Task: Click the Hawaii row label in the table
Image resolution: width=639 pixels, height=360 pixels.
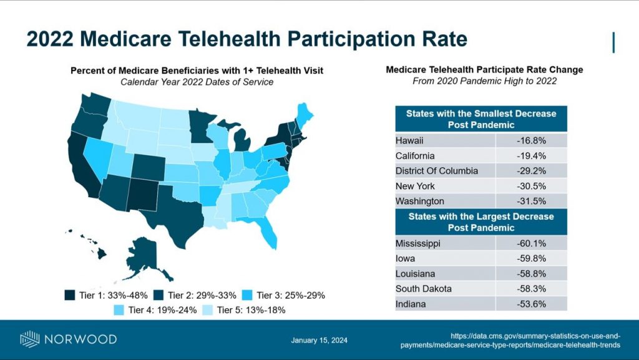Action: pos(409,140)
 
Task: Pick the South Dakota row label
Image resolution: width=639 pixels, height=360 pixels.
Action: pos(424,289)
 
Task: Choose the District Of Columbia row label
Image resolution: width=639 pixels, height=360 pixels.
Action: pos(437,170)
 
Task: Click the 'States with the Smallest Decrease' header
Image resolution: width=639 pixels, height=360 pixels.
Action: pos(480,119)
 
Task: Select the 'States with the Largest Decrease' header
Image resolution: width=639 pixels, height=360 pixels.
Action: pos(480,222)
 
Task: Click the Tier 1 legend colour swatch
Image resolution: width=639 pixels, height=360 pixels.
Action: pos(69,295)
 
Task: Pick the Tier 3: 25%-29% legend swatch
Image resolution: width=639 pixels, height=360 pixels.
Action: pos(246,295)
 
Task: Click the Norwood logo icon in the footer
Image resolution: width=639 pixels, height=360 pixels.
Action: pos(30,339)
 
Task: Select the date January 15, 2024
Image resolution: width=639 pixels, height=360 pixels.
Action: pos(319,340)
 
